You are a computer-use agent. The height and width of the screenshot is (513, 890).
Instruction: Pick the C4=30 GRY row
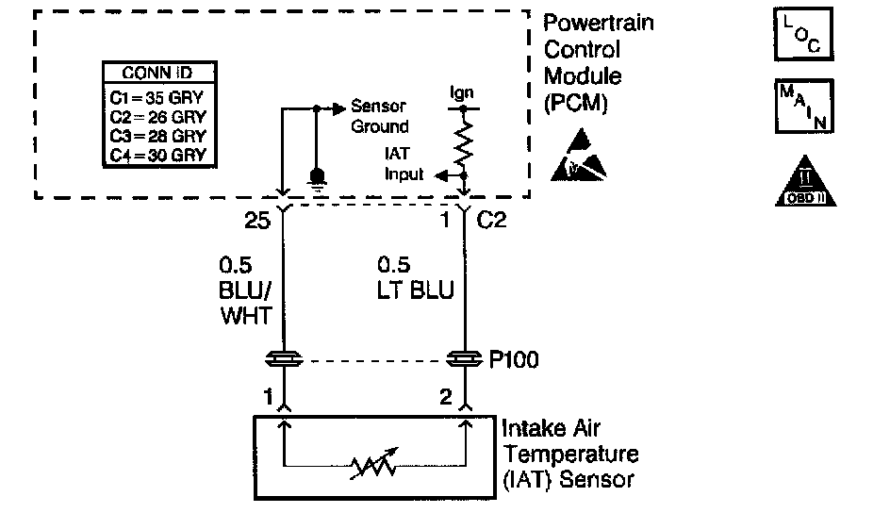[x=157, y=155]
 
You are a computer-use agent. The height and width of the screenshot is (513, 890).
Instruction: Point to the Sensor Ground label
[x=379, y=117]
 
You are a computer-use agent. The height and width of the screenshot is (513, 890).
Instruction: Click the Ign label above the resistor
[x=462, y=93]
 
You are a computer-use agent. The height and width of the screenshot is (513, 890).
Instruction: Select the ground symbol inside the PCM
[x=318, y=177]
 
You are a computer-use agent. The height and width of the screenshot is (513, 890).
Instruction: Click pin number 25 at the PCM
[x=256, y=222]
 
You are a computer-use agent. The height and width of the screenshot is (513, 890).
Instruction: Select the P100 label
[x=515, y=360]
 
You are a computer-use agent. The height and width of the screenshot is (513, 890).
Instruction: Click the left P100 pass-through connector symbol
[x=284, y=359]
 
